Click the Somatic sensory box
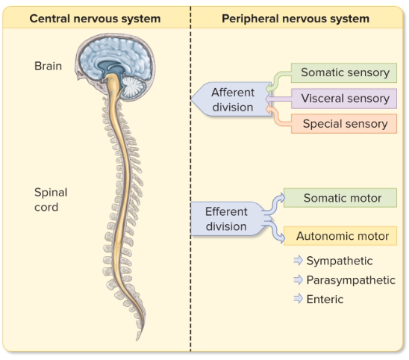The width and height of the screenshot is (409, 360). click(x=344, y=73)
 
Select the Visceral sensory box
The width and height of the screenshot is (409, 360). click(x=344, y=99)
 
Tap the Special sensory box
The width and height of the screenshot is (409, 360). click(x=344, y=124)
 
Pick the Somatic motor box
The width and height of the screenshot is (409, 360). click(x=340, y=198)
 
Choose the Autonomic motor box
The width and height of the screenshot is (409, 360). click(x=340, y=236)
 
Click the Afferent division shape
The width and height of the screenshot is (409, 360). click(x=231, y=99)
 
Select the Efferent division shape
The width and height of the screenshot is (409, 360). click(x=227, y=219)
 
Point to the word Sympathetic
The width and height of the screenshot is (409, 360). click(x=340, y=261)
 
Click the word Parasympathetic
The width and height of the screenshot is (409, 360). click(x=351, y=280)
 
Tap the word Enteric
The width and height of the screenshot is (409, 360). click(x=325, y=300)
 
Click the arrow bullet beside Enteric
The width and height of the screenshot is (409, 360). click(x=298, y=299)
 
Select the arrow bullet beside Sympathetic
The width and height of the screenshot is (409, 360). click(x=298, y=260)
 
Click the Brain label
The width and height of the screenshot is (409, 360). click(x=48, y=66)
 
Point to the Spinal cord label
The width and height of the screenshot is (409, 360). click(x=51, y=199)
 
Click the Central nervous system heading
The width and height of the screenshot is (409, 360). click(x=95, y=19)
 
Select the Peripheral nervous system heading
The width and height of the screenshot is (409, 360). click(x=296, y=19)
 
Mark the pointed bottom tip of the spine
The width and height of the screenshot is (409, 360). click(x=137, y=341)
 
